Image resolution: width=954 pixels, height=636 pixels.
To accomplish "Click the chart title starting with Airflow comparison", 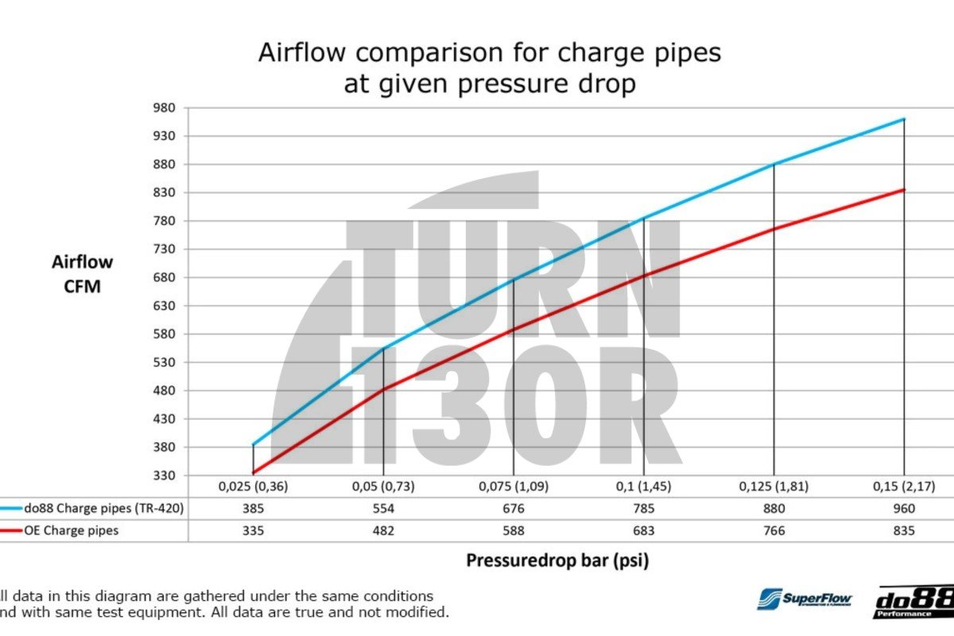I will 490,68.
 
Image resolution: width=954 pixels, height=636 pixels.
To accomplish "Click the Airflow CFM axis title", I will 83,273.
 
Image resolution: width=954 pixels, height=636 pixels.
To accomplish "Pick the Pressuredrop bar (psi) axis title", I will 556,560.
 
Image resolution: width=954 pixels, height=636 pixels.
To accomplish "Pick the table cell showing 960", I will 904,509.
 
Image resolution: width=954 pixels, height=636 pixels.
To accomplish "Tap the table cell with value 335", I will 253,530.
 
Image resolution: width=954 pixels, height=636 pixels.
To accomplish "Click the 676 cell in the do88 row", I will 514,509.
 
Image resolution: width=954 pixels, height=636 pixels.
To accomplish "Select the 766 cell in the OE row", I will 774,530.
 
